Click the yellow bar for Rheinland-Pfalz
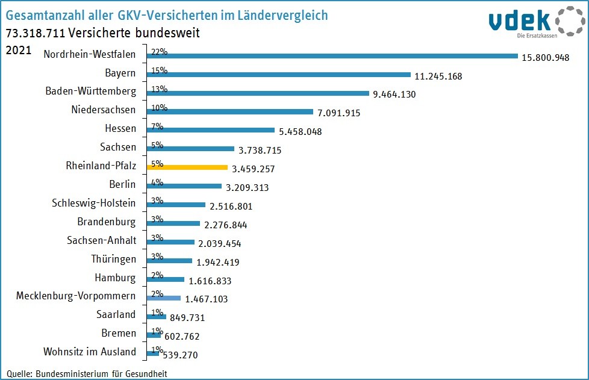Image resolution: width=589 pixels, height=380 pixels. (x=187, y=167)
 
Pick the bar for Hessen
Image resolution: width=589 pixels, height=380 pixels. (x=211, y=130)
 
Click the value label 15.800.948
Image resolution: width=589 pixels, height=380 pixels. (x=545, y=58)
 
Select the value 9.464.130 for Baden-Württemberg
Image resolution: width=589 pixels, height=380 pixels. (x=394, y=95)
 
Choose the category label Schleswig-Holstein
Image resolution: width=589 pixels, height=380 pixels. (x=94, y=203)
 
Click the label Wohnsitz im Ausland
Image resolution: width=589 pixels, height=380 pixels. (x=90, y=352)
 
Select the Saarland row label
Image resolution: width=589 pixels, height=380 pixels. (x=116, y=314)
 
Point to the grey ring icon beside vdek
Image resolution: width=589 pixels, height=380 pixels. (x=569, y=21)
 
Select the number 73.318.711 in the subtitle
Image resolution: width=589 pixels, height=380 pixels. (x=36, y=33)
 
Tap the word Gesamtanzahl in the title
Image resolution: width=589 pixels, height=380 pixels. (x=45, y=14)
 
